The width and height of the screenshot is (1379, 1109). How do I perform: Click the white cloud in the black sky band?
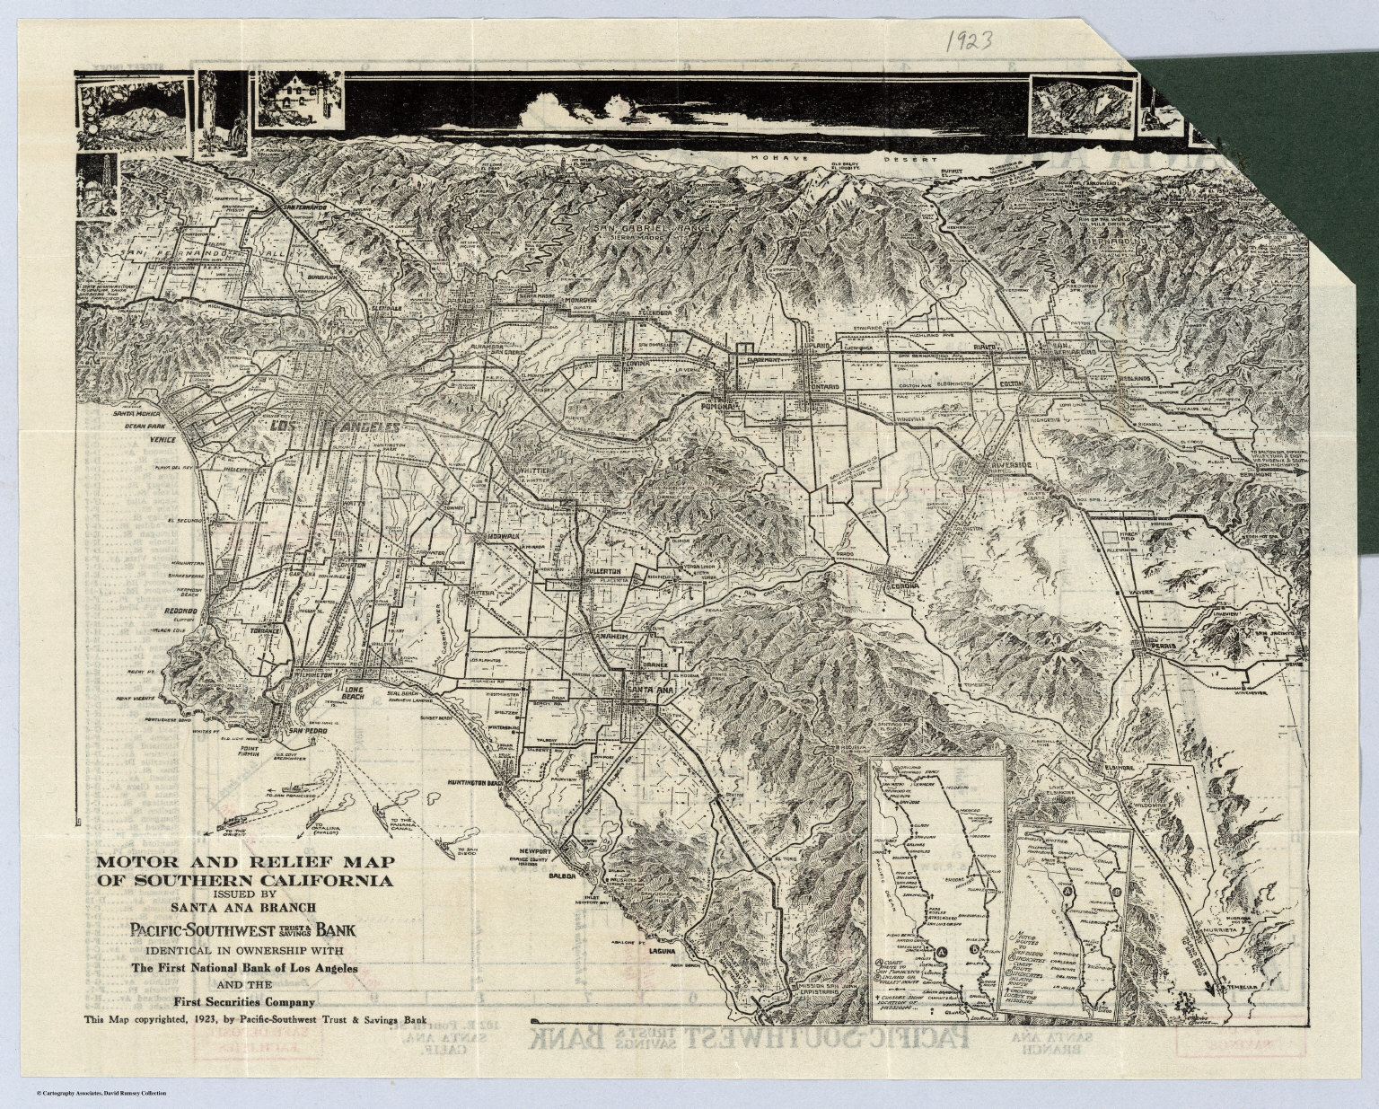coord(575,108)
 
